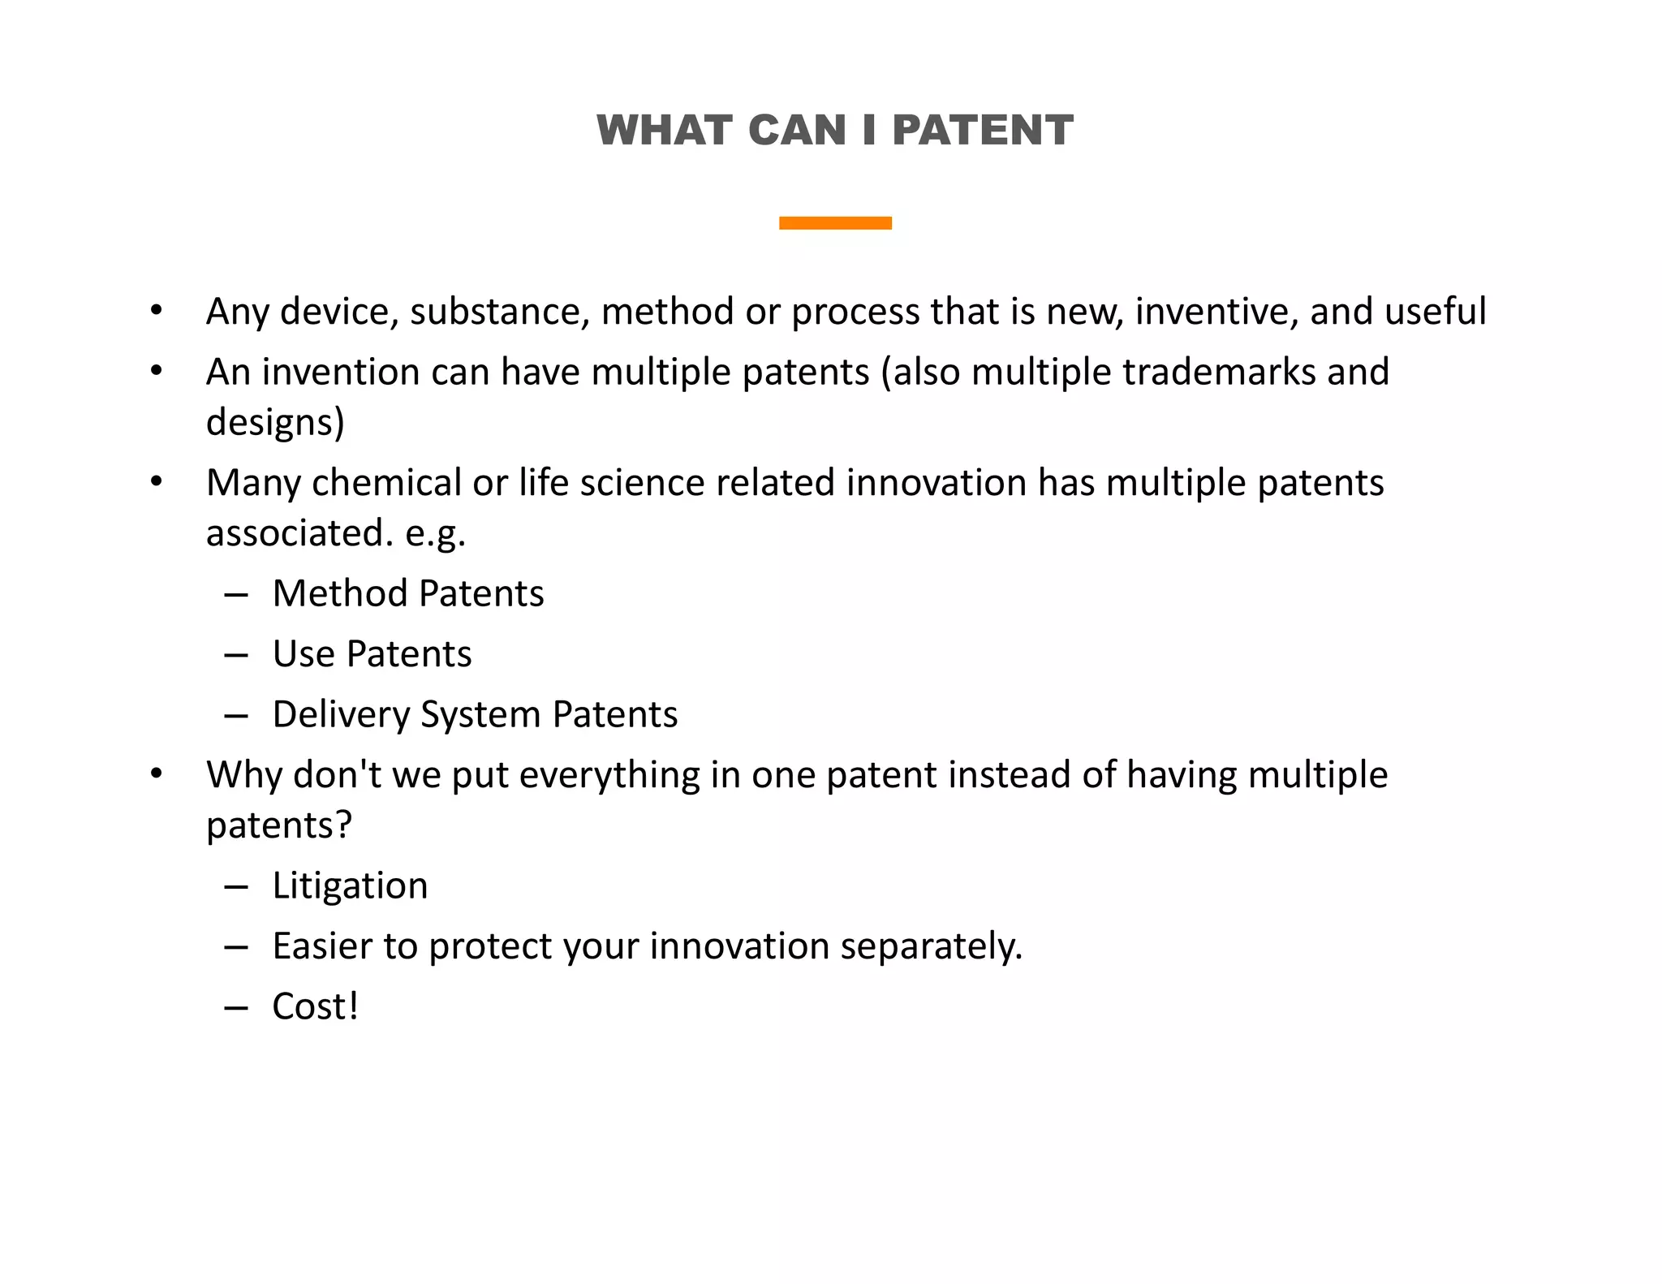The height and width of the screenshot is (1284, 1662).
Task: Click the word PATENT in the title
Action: [x=982, y=131]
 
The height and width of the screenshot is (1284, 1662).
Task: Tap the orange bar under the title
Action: [x=835, y=223]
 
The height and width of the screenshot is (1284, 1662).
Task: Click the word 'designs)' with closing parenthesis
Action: [x=275, y=423]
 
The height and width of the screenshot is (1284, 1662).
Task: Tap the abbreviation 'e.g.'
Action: [x=435, y=534]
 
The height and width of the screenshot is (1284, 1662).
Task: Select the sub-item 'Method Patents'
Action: [x=407, y=593]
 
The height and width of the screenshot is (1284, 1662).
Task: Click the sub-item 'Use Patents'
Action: [x=372, y=654]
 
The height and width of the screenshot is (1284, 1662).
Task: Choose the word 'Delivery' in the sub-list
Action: [x=341, y=715]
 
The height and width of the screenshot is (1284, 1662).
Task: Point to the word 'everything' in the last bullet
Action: [x=609, y=775]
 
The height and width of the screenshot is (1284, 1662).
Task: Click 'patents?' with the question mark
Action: [x=279, y=825]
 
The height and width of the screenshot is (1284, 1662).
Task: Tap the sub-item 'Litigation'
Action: [x=350, y=885]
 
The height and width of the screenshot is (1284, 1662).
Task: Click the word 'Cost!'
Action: [x=315, y=1007]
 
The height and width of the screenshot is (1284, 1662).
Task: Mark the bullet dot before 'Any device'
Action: [x=157, y=311]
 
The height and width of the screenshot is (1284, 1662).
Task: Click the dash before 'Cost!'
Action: [x=236, y=1008]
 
